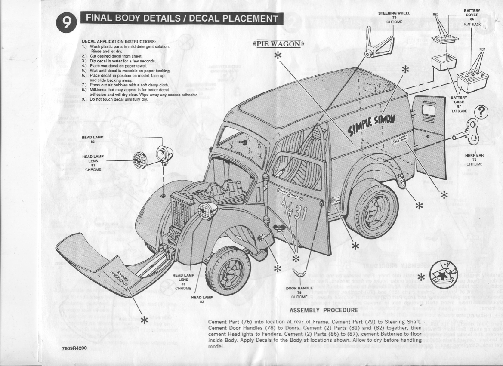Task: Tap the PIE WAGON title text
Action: point(278,44)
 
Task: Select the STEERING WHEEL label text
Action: point(394,13)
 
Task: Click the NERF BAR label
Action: point(474,155)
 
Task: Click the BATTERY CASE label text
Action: point(459,101)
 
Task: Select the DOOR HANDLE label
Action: point(299,288)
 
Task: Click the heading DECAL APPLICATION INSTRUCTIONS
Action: point(113,42)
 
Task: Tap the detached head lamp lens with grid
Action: point(139,160)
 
